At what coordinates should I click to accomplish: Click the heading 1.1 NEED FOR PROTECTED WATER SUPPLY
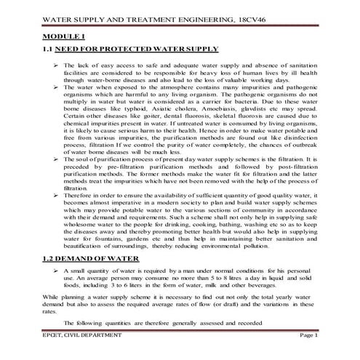tap(130, 49)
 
